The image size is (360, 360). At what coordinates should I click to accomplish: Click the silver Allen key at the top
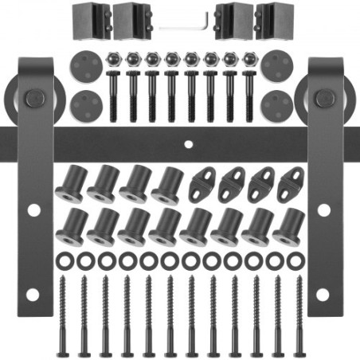[x=185, y=25]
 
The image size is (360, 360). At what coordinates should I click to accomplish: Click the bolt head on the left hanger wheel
[x=33, y=100]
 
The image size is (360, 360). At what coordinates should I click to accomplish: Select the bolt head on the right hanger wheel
[x=323, y=100]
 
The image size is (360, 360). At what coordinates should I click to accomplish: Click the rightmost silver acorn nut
[x=249, y=59]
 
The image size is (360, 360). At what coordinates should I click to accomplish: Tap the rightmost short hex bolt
[x=249, y=94]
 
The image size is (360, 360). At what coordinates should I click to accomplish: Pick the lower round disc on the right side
[x=276, y=104]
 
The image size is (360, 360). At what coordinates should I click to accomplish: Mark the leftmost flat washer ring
[x=65, y=260]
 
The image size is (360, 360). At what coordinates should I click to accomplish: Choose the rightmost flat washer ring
[x=295, y=260]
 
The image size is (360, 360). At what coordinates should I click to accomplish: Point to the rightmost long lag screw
[x=299, y=315]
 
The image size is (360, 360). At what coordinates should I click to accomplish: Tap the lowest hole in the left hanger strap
[x=33, y=295]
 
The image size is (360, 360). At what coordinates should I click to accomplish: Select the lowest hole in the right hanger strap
[x=323, y=295]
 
